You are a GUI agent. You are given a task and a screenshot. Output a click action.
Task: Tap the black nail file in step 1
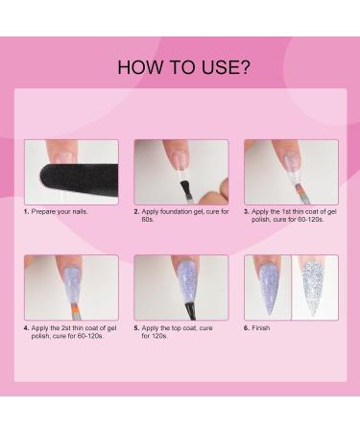pyautogui.click(x=79, y=180)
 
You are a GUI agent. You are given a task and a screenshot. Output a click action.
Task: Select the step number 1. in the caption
pyautogui.click(x=26, y=211)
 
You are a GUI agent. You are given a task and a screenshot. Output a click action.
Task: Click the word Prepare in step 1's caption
pyautogui.click(x=42, y=211)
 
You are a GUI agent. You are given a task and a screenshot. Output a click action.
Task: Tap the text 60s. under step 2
pyautogui.click(x=148, y=220)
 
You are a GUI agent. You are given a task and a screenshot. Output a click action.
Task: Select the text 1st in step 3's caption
pyautogui.click(x=285, y=211)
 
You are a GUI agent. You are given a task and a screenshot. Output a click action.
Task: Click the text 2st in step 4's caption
pyautogui.click(x=65, y=328)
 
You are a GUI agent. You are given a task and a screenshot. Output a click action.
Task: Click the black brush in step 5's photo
pyautogui.click(x=190, y=310)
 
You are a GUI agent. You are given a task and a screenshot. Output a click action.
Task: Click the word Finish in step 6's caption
pyautogui.click(x=261, y=328)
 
